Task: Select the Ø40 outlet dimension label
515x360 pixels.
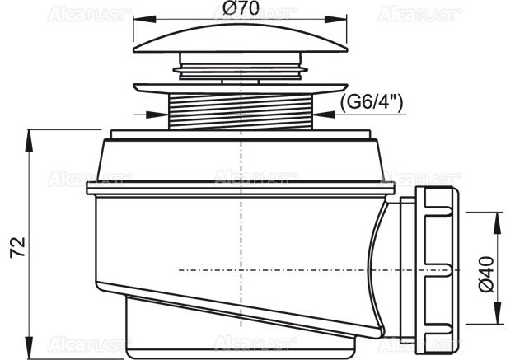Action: (x=486, y=271)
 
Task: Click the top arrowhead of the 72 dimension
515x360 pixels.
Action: (x=30, y=137)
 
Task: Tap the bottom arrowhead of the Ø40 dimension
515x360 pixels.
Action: (x=498, y=314)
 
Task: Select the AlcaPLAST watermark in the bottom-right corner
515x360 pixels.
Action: (x=420, y=341)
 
